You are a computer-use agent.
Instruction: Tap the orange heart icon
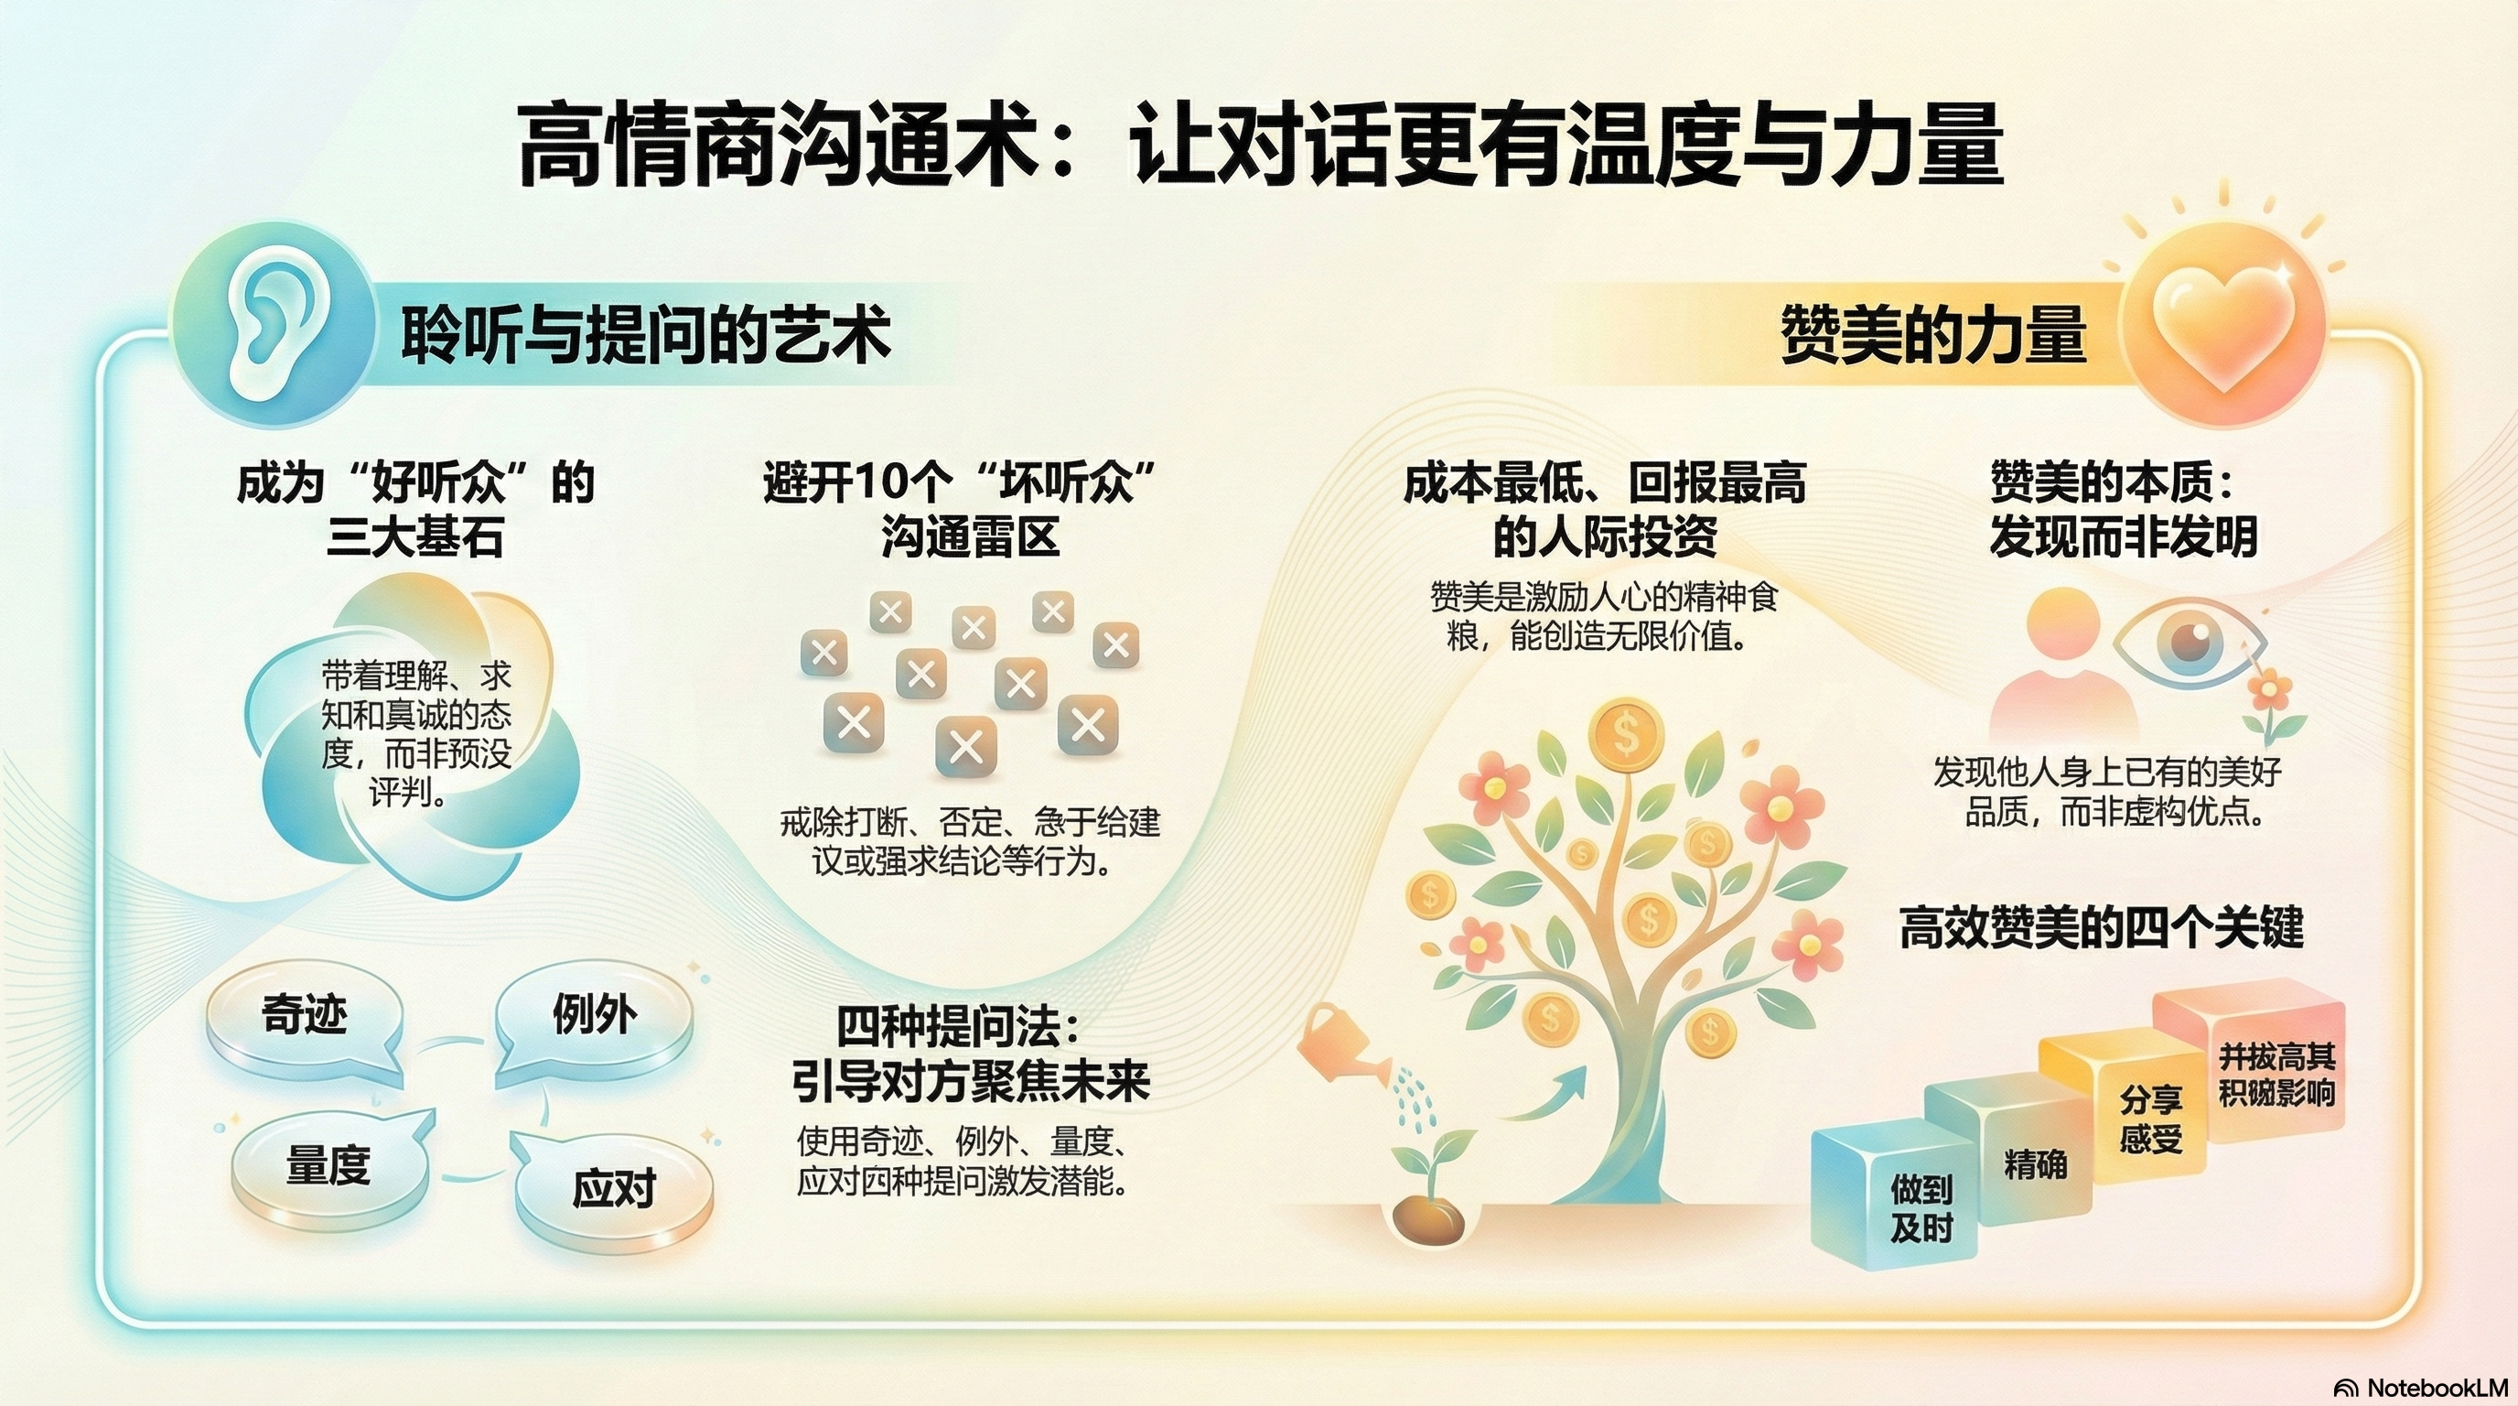[2223, 327]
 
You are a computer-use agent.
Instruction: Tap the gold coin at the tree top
[1626, 733]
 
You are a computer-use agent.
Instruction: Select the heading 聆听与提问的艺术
[645, 334]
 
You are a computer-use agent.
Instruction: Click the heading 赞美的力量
[1932, 334]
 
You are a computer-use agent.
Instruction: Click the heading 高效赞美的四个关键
[2101, 927]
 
